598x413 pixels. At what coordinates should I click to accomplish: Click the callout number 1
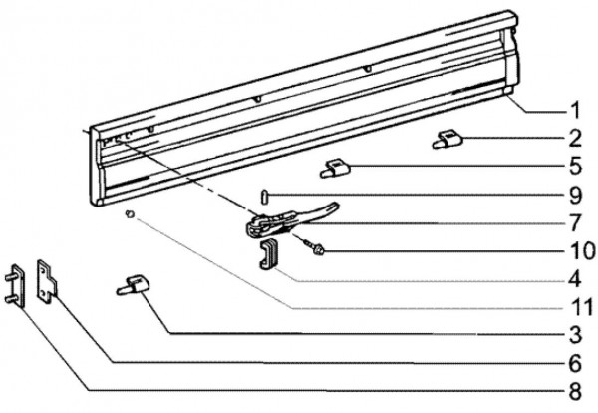[x=575, y=111]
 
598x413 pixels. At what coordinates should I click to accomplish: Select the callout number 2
[x=575, y=139]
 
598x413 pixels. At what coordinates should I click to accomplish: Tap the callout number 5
[x=575, y=166]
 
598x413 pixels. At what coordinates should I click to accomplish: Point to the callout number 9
[x=575, y=195]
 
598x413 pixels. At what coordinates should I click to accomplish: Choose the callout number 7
[x=575, y=223]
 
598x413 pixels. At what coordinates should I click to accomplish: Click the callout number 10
[x=580, y=251]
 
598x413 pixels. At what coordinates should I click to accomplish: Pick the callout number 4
[x=575, y=279]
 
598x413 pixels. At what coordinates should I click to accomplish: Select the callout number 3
[x=575, y=335]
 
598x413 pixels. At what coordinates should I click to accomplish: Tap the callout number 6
[x=575, y=363]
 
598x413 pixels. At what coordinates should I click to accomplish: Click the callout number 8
[x=575, y=391]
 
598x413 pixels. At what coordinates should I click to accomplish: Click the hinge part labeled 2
[x=448, y=139]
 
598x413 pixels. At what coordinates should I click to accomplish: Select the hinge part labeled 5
[x=335, y=169]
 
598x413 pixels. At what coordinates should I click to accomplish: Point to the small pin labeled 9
[x=264, y=197]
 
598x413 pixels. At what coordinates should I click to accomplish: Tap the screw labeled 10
[x=314, y=246]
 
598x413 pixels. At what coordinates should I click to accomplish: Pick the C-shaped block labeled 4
[x=269, y=253]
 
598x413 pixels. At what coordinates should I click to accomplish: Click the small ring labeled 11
[x=130, y=213]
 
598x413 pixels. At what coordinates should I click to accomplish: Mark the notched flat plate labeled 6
[x=47, y=281]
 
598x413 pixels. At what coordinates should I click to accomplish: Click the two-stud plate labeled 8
[x=16, y=285]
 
